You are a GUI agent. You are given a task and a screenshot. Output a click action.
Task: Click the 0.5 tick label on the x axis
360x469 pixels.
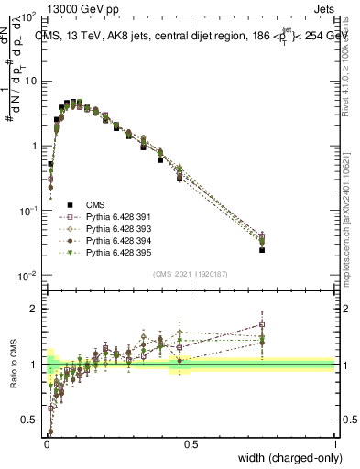click(x=191, y=444)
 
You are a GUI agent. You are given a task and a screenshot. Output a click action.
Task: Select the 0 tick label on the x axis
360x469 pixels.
click(x=46, y=444)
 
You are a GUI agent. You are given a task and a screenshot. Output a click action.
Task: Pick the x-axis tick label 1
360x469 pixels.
click(x=335, y=444)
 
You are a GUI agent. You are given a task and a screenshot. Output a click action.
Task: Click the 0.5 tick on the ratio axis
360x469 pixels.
click(x=30, y=420)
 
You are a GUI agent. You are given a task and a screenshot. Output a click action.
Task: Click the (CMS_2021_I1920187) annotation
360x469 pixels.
click(x=190, y=273)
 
